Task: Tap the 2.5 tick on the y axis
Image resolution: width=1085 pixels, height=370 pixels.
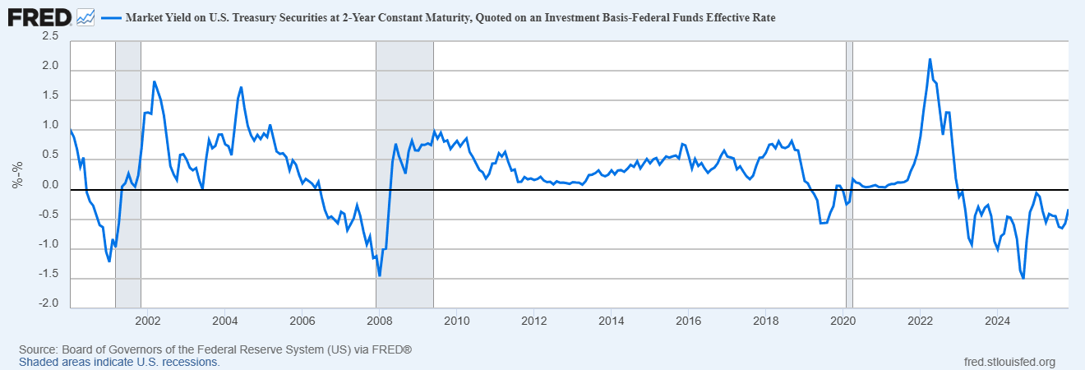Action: pos(50,36)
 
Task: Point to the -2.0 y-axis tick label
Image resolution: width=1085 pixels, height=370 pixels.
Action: pos(48,303)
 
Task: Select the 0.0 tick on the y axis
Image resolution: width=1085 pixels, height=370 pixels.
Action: pos(50,185)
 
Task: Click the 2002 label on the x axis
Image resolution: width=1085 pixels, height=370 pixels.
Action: pos(147,320)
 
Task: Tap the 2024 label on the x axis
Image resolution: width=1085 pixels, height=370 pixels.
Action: pos(997,320)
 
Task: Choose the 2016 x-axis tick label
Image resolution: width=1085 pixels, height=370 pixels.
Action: pos(688,320)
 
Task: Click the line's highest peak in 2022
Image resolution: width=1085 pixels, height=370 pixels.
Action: pos(930,59)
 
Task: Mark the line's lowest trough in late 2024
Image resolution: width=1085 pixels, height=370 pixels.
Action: pos(1023,278)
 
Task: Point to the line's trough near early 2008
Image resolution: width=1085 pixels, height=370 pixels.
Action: pos(379,275)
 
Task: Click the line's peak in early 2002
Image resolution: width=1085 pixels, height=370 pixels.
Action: pos(155,81)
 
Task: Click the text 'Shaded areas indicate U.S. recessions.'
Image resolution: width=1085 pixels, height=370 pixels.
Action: pos(119,362)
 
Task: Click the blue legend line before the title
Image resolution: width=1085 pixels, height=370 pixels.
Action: pos(110,16)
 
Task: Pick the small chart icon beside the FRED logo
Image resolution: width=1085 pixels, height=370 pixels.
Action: pos(85,16)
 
